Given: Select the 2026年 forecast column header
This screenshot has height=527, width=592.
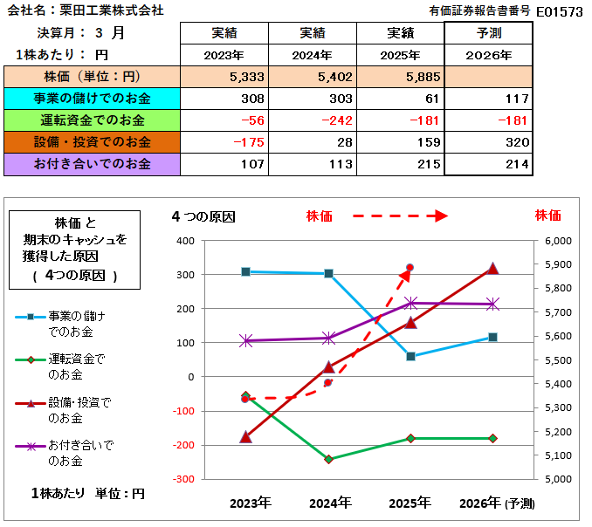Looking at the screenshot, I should (x=488, y=54).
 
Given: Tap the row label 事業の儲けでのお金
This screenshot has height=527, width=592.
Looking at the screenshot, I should (x=92, y=98).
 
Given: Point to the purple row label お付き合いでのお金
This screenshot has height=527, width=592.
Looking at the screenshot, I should (x=92, y=163).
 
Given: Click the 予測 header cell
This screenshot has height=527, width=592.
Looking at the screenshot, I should (x=488, y=33).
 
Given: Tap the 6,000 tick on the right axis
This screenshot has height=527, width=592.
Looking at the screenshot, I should (x=557, y=241).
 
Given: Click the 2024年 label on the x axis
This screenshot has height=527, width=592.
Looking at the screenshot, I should (x=330, y=503).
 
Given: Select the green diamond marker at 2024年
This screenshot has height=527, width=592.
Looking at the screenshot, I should (x=329, y=459).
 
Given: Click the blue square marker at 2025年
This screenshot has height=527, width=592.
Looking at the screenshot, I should (x=411, y=356).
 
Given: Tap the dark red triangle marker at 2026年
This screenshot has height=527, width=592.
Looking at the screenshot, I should (x=493, y=268).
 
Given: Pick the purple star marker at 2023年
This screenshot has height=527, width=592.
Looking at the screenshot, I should (x=246, y=341).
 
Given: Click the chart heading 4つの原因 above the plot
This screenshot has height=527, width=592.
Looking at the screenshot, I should (x=203, y=216).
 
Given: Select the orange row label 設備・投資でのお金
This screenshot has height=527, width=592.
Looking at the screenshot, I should (x=92, y=141).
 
